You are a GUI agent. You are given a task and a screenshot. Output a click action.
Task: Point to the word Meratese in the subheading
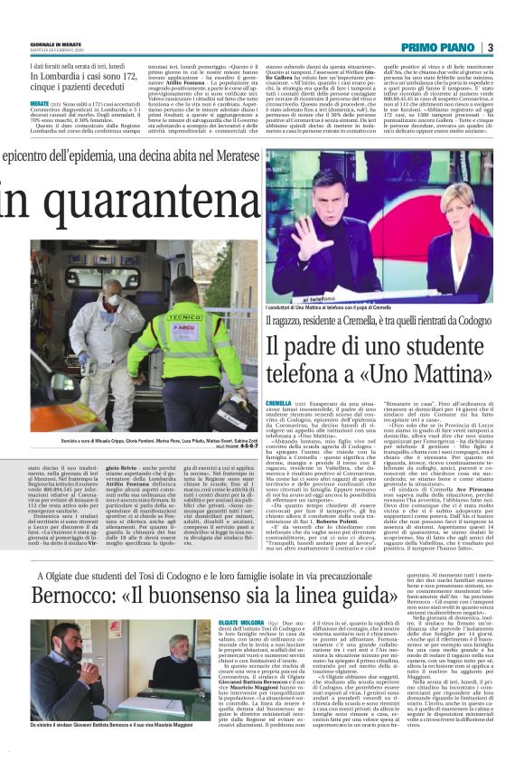tap(227, 156)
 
